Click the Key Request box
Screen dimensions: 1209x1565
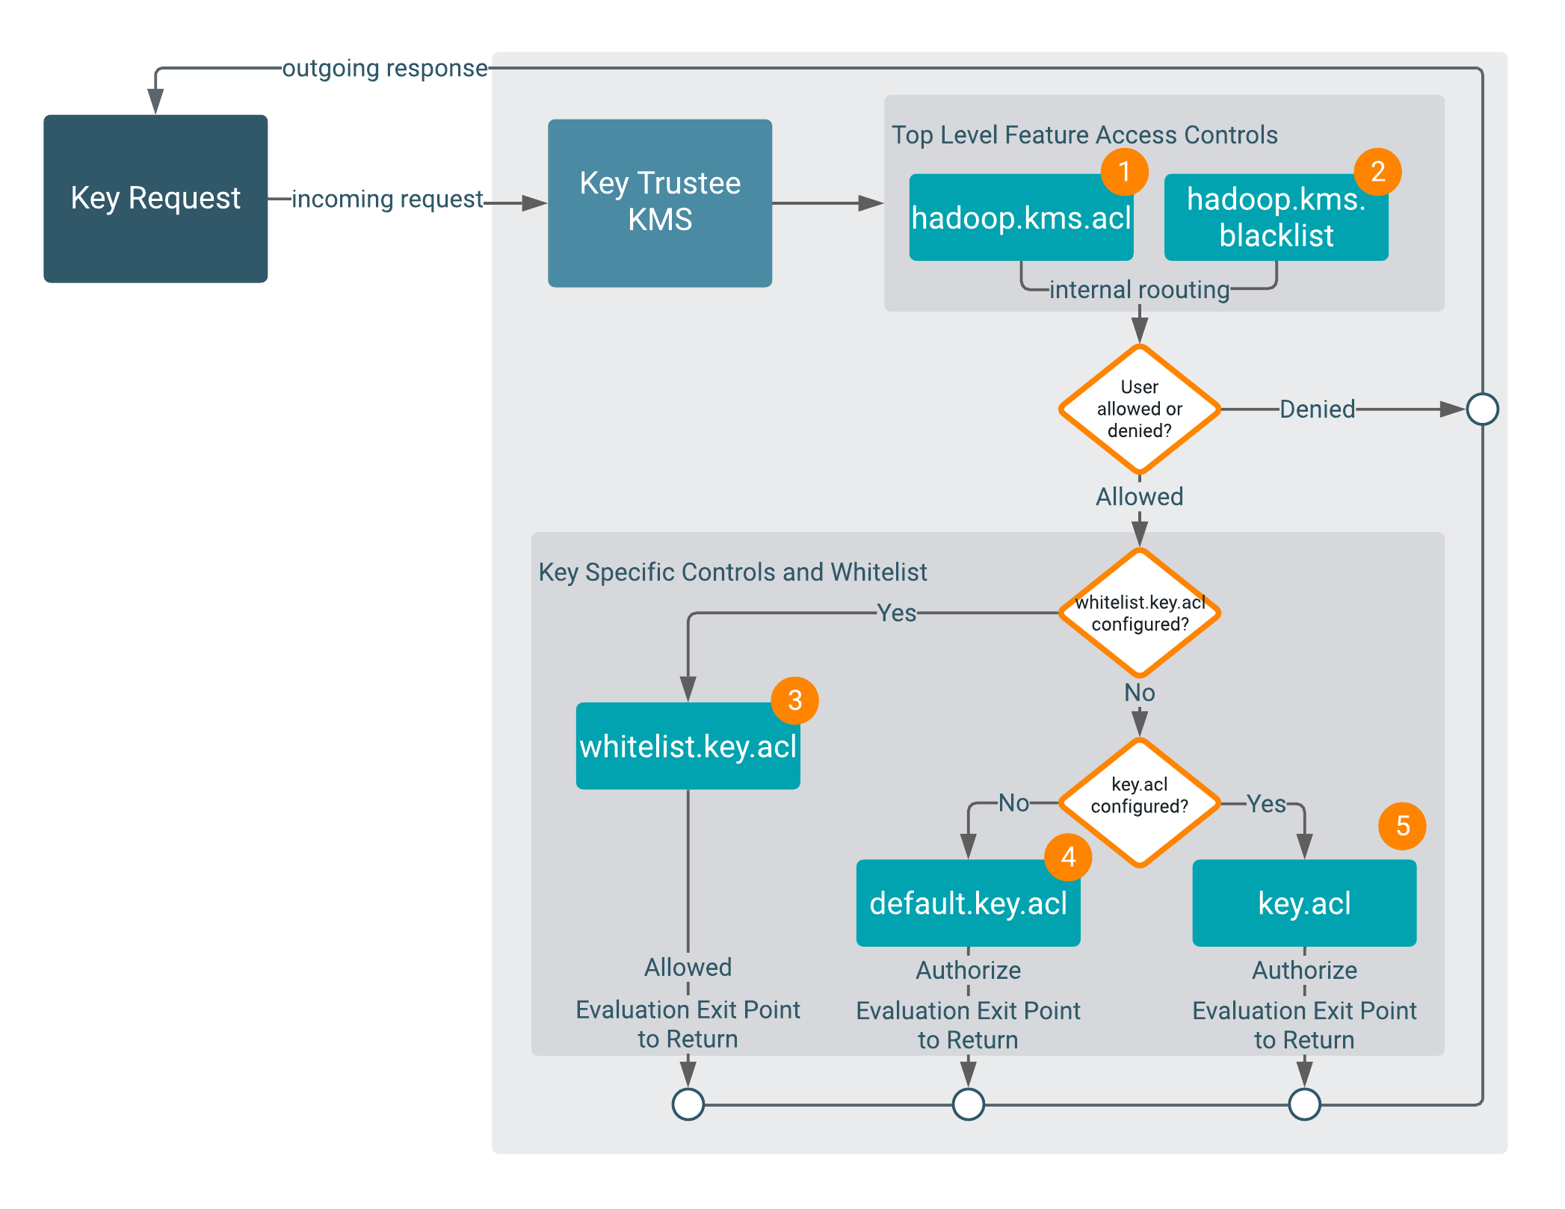[x=155, y=199]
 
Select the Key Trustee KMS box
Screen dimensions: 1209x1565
[x=660, y=202]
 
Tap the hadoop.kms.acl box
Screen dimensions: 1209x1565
[x=1021, y=218]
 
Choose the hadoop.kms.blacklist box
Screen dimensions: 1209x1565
[x=1276, y=218]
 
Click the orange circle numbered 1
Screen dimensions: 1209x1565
[x=1124, y=172]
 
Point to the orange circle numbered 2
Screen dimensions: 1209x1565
[x=1378, y=172]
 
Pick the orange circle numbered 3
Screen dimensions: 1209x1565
[x=794, y=700]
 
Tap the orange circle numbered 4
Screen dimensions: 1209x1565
[x=1068, y=856]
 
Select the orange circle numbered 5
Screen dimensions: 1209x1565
[x=1402, y=826]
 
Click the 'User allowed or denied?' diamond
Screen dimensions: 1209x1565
[x=1140, y=409]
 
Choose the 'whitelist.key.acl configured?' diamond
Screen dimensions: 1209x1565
[x=1140, y=613]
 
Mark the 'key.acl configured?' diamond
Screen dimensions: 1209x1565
[x=1140, y=803]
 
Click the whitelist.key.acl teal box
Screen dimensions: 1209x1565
[x=688, y=746]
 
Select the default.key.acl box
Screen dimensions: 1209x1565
[x=968, y=903]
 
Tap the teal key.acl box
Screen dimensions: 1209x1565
[x=1304, y=903]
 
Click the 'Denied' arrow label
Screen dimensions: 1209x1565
[x=1317, y=409]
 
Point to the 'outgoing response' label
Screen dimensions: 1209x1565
[x=385, y=68]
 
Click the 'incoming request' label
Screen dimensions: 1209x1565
[x=387, y=200]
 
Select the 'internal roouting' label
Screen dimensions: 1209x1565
[x=1139, y=290]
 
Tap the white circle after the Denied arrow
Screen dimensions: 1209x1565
[x=1482, y=409]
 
